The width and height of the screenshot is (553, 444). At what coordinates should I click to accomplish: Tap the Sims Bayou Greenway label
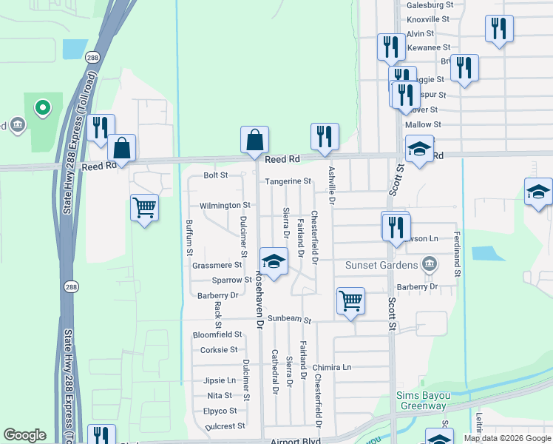[x=421, y=400]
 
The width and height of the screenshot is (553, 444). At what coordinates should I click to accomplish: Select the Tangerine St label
[x=288, y=181]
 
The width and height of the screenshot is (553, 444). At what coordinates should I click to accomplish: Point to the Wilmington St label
[x=225, y=205]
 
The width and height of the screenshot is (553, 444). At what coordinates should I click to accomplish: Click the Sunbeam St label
[x=290, y=320]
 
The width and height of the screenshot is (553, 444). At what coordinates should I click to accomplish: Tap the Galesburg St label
[x=430, y=4]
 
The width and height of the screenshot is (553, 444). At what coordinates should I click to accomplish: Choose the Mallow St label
[x=423, y=125]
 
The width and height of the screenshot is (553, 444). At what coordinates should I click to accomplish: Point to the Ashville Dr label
[x=331, y=185]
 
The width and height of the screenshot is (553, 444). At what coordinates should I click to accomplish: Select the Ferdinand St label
[x=458, y=254]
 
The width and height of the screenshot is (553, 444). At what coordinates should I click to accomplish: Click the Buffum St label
[x=189, y=238]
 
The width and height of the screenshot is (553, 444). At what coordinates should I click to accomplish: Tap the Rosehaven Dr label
[x=259, y=298]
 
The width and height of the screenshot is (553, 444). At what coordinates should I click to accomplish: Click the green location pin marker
[x=43, y=109]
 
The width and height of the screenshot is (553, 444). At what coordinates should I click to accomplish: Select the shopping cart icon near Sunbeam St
[x=350, y=300]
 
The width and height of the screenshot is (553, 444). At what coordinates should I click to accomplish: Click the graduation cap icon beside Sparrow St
[x=273, y=260]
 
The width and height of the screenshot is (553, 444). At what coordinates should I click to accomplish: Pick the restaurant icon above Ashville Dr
[x=325, y=136]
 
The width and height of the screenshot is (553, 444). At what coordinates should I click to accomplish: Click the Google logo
[x=24, y=435]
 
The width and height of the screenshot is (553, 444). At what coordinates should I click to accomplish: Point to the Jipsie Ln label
[x=219, y=380]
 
